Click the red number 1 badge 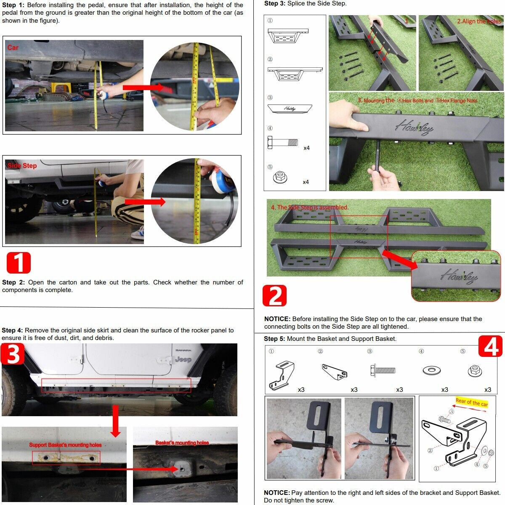(x=19, y=263)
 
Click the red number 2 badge (x=274, y=296)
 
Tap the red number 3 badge (x=13, y=354)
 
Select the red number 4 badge (x=490, y=346)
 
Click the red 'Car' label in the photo (x=13, y=48)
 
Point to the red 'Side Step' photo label (x=22, y=166)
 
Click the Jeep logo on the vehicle (x=183, y=359)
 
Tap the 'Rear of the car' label (x=471, y=402)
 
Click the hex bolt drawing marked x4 (x=282, y=143)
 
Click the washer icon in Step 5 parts (x=431, y=371)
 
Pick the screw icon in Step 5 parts (x=383, y=371)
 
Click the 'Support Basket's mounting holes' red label (x=65, y=445)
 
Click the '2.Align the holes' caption (x=479, y=21)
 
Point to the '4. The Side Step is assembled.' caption (x=310, y=207)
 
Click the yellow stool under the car (x=60, y=87)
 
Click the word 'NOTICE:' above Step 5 (x=277, y=319)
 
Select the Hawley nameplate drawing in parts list (x=289, y=108)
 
